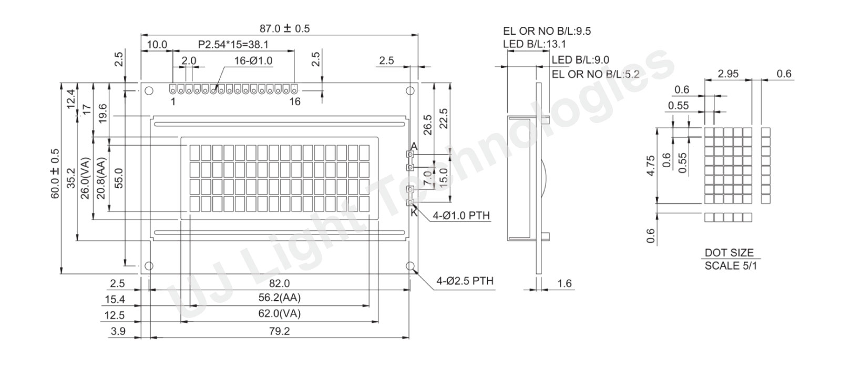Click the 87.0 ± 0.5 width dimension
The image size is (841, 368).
pos(284,28)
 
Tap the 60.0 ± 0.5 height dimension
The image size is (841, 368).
pos(55,173)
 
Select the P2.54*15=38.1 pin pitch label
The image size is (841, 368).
pos(233,45)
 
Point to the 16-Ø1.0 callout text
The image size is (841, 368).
pos(253,61)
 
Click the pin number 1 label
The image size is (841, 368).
pos(173,102)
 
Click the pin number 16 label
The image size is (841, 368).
pos(295,102)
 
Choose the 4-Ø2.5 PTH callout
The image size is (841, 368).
pos(465,281)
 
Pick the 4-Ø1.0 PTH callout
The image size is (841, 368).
pos(461,216)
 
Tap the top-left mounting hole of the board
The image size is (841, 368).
pos(149,91)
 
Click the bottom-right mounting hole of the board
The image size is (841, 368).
pos(410,266)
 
